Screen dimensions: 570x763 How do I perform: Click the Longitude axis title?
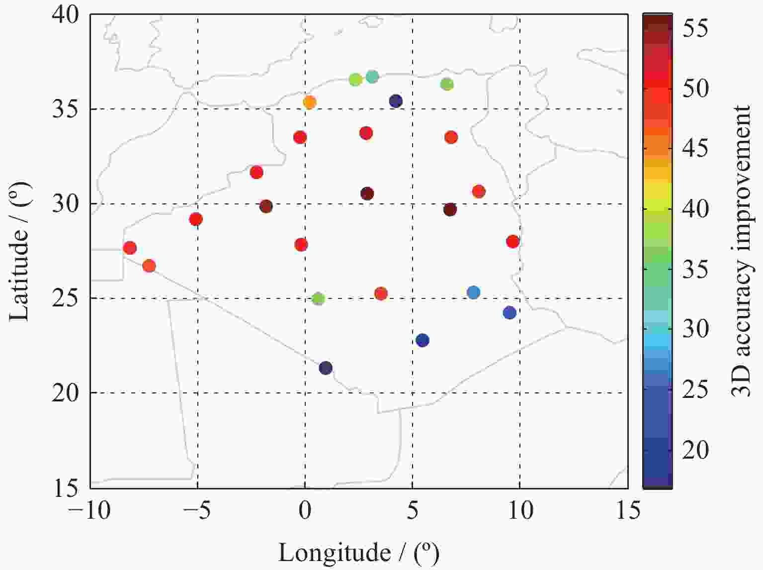(x=359, y=552)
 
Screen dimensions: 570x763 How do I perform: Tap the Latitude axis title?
(x=20, y=251)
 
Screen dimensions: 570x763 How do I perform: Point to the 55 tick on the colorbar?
(x=695, y=29)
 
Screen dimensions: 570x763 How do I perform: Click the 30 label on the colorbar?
(x=695, y=329)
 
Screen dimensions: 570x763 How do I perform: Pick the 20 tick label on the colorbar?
(x=695, y=450)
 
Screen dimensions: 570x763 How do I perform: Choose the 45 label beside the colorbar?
(x=695, y=148)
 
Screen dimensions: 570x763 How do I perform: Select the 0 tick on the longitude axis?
(x=305, y=510)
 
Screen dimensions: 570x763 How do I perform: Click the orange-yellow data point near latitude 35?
(x=309, y=102)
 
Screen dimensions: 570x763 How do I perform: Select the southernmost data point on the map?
(x=325, y=368)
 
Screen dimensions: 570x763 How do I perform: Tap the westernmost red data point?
(x=130, y=248)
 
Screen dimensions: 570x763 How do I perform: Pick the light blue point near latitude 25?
(x=474, y=292)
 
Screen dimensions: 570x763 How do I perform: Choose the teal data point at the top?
(x=372, y=77)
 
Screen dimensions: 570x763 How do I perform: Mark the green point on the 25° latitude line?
(x=318, y=299)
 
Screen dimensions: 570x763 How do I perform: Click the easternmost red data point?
(x=512, y=242)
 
